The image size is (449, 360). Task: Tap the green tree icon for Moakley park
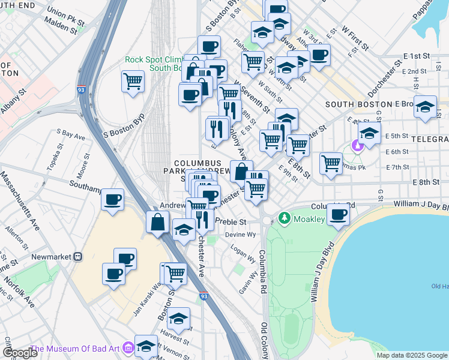[x=285, y=219]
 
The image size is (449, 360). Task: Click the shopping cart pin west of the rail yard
[x=133, y=81]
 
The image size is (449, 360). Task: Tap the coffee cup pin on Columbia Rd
[x=338, y=214]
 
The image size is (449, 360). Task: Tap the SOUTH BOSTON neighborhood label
[x=355, y=104]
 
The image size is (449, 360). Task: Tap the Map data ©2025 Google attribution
[x=411, y=355]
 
